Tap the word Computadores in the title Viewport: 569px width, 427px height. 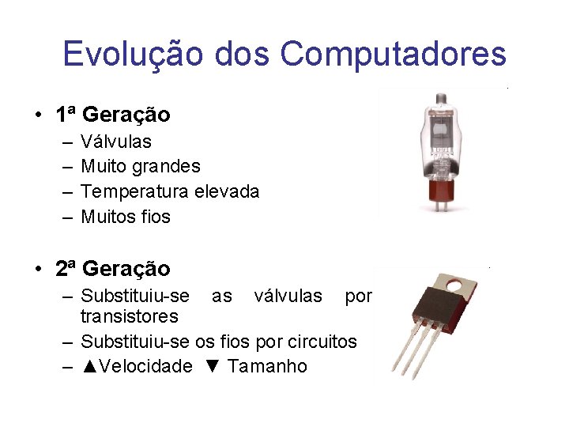[x=393, y=54]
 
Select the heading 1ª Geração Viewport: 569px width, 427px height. [x=113, y=115]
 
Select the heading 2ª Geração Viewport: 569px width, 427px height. [x=113, y=269]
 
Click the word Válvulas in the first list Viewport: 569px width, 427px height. [x=116, y=142]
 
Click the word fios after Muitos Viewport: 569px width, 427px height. [x=156, y=217]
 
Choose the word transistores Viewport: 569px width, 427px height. [x=130, y=317]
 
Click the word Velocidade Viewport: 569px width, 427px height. [x=147, y=367]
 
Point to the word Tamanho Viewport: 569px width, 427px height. [x=269, y=367]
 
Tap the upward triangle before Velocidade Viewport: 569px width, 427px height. [x=89, y=367]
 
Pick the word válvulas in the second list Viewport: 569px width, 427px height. [x=288, y=296]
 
